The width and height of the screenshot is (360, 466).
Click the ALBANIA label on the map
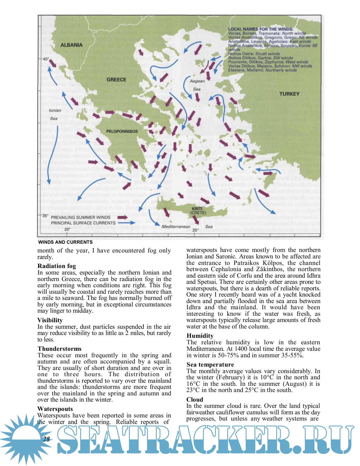click(71, 45)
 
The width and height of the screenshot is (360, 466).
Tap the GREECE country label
click(116, 80)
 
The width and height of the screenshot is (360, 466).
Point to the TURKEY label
click(289, 94)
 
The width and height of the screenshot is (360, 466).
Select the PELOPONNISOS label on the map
click(122, 131)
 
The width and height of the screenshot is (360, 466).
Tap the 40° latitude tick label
click(46, 59)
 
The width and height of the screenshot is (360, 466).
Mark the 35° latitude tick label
click(45, 215)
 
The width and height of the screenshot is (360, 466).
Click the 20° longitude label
click(67, 229)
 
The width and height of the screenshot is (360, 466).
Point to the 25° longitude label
click(195, 230)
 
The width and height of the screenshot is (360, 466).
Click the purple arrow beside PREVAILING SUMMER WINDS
click(123, 217)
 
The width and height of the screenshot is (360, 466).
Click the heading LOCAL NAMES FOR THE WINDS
click(261, 29)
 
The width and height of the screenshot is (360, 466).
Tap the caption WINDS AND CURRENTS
click(65, 242)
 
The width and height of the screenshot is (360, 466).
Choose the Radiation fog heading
click(56, 266)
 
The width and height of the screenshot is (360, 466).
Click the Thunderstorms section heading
click(59, 349)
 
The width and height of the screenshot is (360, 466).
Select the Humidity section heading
click(200, 336)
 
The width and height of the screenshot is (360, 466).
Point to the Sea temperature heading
click(210, 364)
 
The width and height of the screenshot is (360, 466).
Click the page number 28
click(47, 439)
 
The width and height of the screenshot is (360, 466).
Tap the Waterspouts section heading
click(55, 409)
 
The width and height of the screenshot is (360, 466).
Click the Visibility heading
click(50, 320)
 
